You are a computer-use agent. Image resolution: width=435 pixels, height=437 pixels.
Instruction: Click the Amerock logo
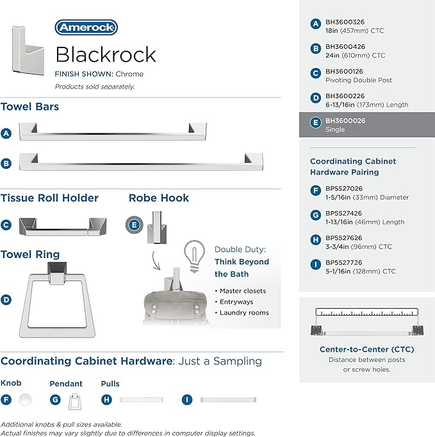86,28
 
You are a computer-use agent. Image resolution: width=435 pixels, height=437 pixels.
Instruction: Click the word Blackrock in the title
106,55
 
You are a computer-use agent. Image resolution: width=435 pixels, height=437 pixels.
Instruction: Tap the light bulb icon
194,256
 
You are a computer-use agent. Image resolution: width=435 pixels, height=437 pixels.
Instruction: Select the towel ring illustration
57,300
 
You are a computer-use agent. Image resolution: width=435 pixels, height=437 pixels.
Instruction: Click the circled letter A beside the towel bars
6,133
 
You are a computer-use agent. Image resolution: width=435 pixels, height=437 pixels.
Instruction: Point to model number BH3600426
345,47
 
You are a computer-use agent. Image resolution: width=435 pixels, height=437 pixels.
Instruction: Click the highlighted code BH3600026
345,121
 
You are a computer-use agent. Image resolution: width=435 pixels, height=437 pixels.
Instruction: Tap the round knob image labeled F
26,400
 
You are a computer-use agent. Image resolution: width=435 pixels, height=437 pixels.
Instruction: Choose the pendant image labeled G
74,401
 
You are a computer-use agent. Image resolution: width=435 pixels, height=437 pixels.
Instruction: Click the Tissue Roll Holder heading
49,198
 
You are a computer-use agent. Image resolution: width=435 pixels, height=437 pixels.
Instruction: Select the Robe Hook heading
159,198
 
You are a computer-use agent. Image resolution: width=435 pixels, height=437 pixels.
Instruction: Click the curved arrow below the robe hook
156,261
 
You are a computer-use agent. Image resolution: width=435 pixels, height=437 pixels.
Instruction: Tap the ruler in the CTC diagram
367,312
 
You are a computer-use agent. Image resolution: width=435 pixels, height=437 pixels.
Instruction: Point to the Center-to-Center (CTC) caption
367,349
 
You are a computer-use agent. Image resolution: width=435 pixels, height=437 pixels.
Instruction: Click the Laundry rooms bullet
242,313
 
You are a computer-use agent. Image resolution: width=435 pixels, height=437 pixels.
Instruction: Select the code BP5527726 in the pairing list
345,262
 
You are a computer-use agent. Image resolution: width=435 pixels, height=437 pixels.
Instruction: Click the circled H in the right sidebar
316,239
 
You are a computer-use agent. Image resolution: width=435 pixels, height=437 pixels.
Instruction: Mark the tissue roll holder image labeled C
63,227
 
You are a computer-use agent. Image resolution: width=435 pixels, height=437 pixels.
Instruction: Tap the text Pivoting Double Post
359,80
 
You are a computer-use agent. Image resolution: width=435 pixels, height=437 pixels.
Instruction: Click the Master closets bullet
240,291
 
